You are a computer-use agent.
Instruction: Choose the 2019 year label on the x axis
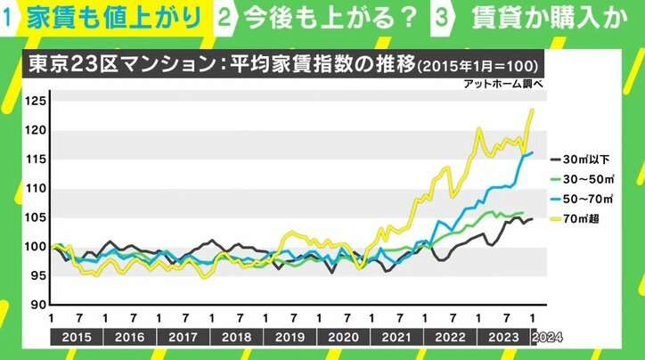pos(290,338)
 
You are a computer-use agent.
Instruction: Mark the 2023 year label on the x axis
pos(504,338)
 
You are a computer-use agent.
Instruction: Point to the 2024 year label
pos(546,338)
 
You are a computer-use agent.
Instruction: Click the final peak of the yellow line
pos(532,110)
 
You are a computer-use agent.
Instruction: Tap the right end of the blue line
pos(532,152)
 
